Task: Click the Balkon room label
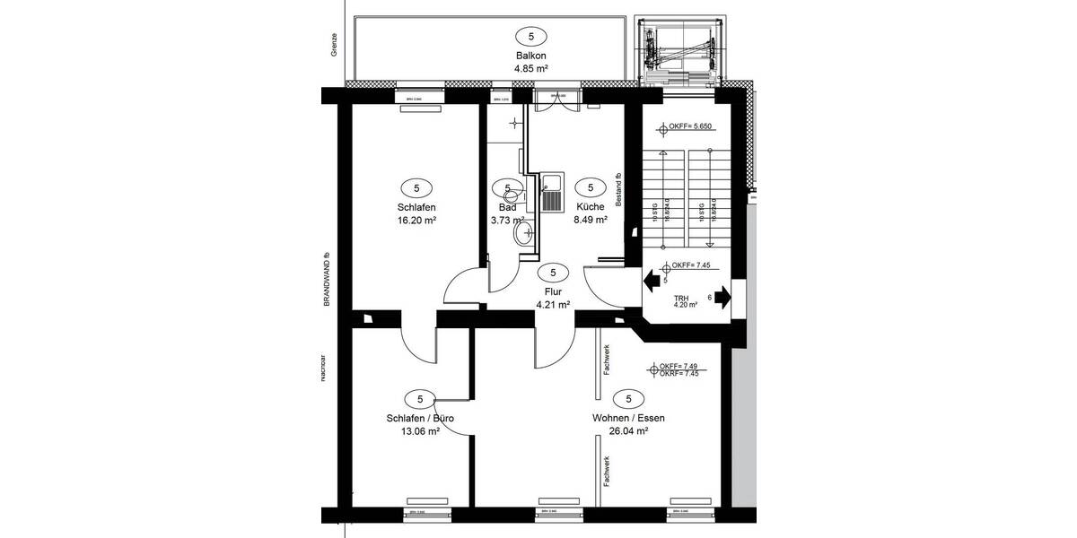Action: pos(530,55)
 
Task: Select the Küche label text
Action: pos(590,206)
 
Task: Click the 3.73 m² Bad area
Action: pos(507,220)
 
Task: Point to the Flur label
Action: pos(553,291)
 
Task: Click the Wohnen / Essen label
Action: pos(628,419)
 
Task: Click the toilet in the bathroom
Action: pos(522,235)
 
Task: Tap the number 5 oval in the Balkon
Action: pos(530,37)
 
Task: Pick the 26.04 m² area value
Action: pos(628,431)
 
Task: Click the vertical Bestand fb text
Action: pos(618,190)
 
